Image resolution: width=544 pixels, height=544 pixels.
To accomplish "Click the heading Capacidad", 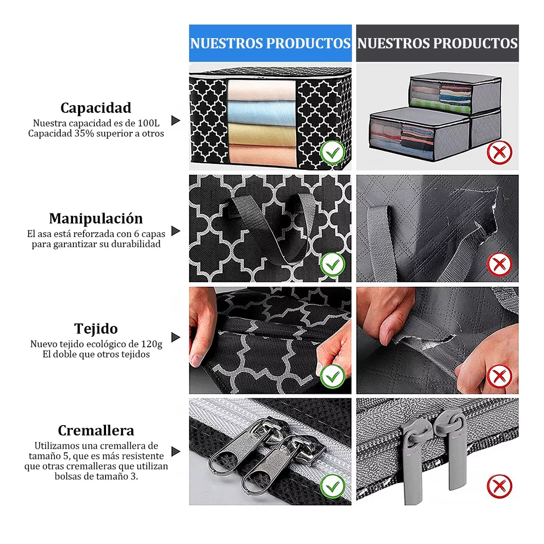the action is point(96,108).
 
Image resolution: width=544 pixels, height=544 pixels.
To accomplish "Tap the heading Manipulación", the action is point(96,219).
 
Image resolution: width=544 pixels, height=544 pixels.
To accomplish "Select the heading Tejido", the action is point(96,329).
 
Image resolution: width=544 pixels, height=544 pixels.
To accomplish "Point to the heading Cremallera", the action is point(96,431).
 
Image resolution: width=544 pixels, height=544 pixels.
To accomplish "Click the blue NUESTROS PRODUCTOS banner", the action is point(270,43).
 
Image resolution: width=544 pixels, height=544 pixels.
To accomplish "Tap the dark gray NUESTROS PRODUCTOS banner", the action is point(437,43).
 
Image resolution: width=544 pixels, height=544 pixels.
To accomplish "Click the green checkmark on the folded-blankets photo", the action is point(333,153).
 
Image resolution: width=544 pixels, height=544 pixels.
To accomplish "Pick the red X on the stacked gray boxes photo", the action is point(500,153).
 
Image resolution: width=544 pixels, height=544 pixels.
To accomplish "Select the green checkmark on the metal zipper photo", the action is point(333,486).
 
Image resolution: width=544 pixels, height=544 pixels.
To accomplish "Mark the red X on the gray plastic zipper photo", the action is point(500,486).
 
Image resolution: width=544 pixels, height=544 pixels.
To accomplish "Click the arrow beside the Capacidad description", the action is point(175,121).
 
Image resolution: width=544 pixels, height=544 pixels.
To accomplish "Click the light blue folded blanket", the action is point(262,112).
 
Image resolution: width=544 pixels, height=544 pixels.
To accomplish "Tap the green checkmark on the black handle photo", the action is point(333,264).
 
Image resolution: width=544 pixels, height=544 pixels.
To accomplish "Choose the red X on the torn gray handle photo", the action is point(500,264).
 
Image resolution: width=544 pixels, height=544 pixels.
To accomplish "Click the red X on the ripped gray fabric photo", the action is point(500,376).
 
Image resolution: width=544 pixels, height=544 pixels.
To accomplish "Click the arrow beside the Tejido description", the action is point(175,337).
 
